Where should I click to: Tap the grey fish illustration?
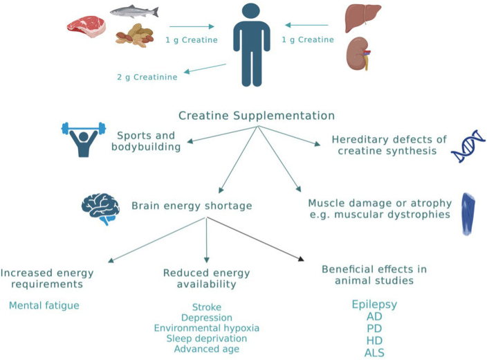pos(134,12)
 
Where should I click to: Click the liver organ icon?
pos(362,15)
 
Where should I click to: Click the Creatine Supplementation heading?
pos(257,116)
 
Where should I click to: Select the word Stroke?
pos(206,307)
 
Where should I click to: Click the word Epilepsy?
pos(374,305)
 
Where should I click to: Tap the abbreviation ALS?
pos(374,352)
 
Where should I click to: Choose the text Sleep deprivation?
pos(206,339)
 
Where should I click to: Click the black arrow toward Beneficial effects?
pos(256,239)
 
